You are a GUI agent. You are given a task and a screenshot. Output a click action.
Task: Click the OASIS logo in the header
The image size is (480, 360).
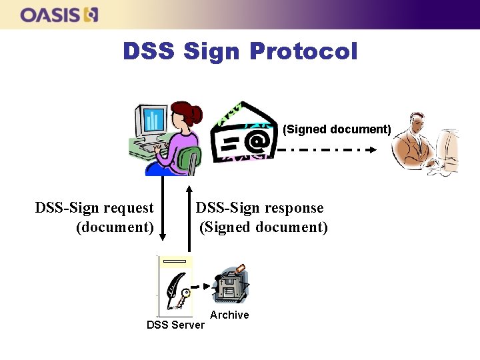[59, 15]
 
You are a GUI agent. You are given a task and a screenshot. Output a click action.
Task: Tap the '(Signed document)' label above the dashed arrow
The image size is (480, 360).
[337, 129]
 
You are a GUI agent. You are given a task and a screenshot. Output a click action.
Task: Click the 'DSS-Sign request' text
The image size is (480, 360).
[94, 208]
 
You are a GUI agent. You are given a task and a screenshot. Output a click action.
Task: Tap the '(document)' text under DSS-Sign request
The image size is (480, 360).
[115, 227]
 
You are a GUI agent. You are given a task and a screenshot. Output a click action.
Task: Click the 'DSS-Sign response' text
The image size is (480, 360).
[259, 208]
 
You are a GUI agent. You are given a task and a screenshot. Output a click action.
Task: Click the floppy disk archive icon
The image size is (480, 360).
[231, 285]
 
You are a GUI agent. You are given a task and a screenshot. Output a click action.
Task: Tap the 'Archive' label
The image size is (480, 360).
[229, 315]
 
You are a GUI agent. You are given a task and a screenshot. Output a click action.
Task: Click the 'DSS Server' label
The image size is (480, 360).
[176, 325]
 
